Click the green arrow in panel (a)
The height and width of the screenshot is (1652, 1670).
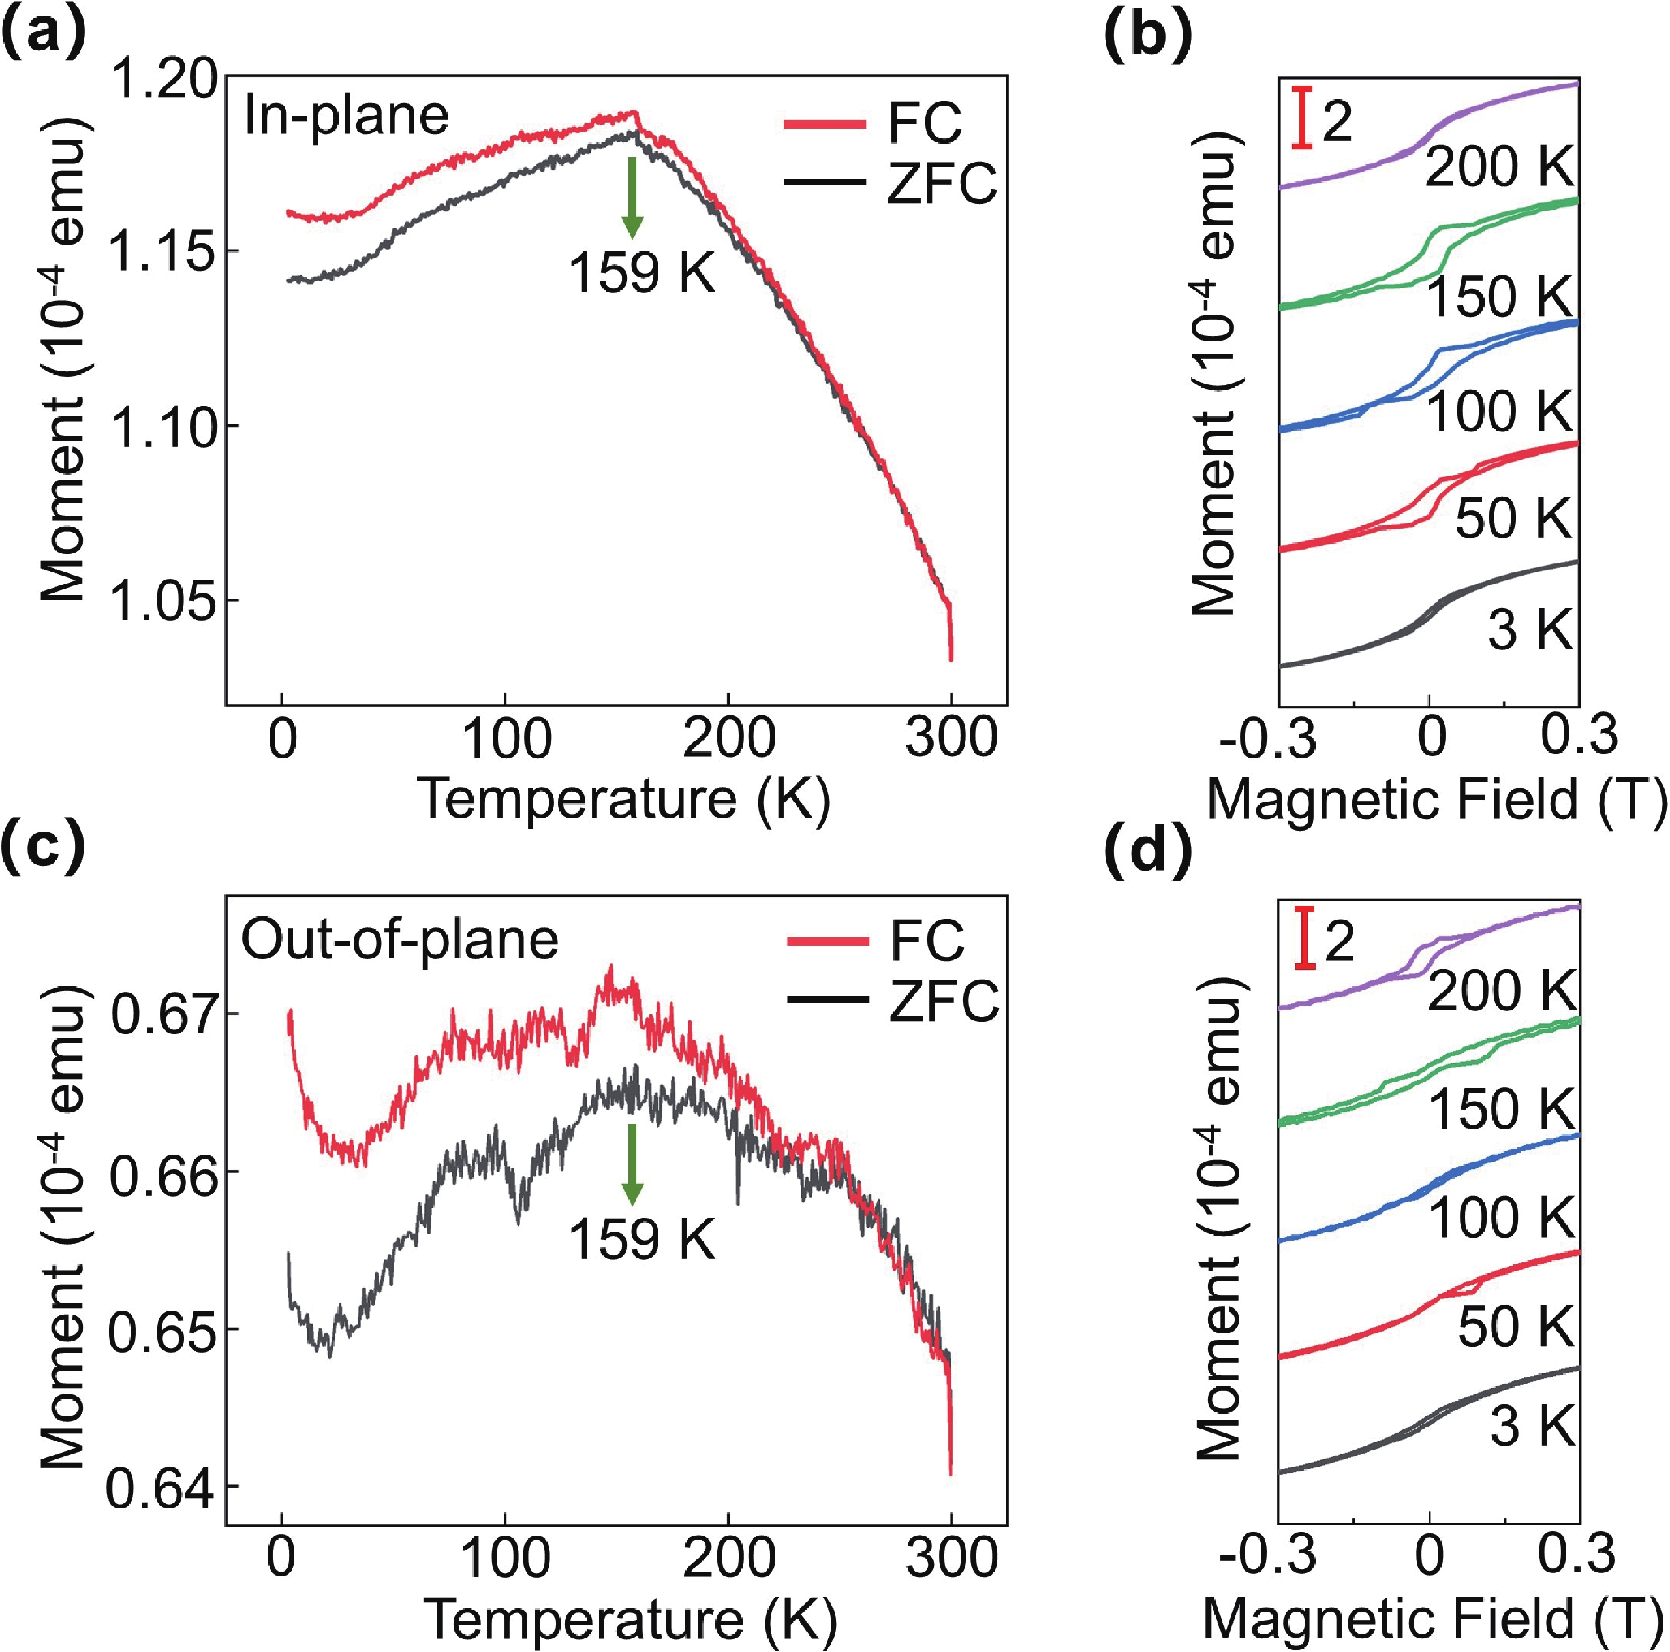633,197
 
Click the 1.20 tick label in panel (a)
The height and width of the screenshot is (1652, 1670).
163,80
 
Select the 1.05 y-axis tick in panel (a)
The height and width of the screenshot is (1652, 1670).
163,600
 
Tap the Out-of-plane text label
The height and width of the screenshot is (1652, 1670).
399,940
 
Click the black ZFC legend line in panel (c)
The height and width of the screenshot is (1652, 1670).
827,1000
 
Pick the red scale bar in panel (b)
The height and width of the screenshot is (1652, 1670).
1302,117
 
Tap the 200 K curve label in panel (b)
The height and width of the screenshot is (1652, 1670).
1500,167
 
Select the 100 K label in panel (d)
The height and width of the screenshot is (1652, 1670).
1502,1217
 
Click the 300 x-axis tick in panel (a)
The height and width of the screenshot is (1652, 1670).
951,739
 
